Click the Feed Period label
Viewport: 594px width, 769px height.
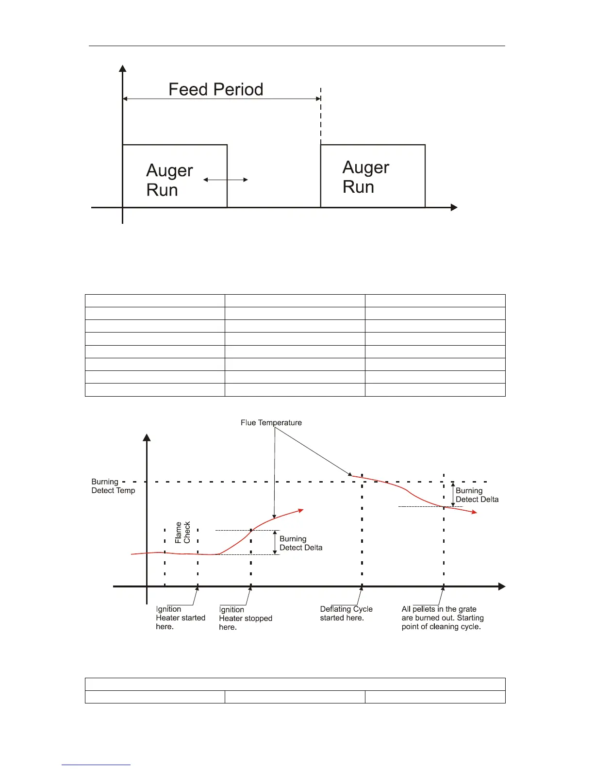[x=215, y=89]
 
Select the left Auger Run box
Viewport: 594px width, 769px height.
[x=175, y=176]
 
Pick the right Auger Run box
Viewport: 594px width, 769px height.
[x=373, y=176]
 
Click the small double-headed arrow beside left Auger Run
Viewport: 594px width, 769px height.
[x=225, y=180]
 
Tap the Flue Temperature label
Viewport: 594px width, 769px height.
[x=271, y=423]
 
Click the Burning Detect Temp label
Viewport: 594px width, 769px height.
[x=113, y=486]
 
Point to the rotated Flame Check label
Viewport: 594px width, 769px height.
[x=183, y=533]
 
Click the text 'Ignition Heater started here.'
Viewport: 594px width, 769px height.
[x=180, y=618]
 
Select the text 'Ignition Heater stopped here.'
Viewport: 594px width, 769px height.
[x=245, y=619]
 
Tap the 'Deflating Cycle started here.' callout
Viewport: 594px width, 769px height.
[x=346, y=614]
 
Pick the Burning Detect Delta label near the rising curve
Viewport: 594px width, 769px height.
[x=301, y=543]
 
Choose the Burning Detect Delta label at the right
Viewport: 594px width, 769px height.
[x=477, y=495]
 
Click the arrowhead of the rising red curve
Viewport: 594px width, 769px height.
[x=301, y=510]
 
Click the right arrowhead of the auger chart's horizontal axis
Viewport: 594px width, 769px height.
[x=454, y=208]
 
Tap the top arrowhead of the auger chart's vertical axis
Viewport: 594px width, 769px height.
[x=123, y=68]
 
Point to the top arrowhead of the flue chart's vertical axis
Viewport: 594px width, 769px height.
[x=147, y=437]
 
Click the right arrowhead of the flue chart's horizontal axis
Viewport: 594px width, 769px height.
[x=502, y=587]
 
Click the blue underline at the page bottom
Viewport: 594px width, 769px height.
[x=96, y=765]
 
